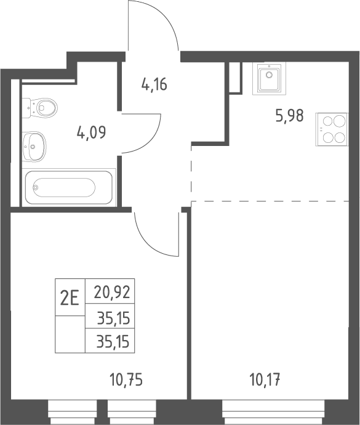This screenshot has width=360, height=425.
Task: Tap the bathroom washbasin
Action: pyautogui.click(x=34, y=147)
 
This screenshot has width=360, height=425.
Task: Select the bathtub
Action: pyautogui.click(x=69, y=187)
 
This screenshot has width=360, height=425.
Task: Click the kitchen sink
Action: pyautogui.click(x=270, y=78)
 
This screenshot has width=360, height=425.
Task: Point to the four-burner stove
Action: pyautogui.click(x=332, y=129)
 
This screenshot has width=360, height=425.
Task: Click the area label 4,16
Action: pyautogui.click(x=154, y=84)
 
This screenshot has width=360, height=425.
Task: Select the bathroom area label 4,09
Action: pyautogui.click(x=91, y=132)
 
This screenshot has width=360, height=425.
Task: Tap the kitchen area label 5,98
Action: pyautogui.click(x=289, y=115)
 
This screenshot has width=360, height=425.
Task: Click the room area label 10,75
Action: pyautogui.click(x=126, y=379)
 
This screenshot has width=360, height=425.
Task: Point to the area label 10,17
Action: pyautogui.click(x=265, y=379)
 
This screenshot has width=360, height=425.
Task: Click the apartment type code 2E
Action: pyautogui.click(x=70, y=297)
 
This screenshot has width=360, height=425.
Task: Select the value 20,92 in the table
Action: pyautogui.click(x=112, y=293)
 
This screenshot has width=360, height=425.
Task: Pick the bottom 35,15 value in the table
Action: pyautogui.click(x=113, y=341)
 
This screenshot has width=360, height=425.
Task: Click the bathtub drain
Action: pyautogui.click(x=36, y=187)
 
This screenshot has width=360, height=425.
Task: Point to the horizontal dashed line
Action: pyautogui.click(x=270, y=201)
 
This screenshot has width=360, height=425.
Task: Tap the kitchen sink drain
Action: pyautogui.click(x=269, y=75)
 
